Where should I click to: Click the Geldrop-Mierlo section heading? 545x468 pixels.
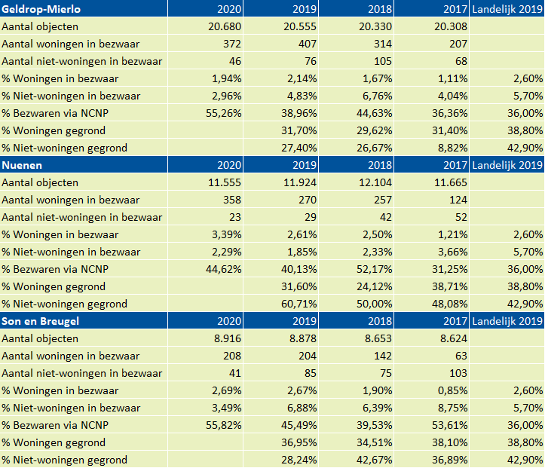click(41, 9)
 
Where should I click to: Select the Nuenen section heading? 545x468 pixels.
click(22, 165)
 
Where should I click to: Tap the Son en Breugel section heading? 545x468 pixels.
click(40, 321)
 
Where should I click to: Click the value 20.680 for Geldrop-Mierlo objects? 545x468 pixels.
click(225, 26)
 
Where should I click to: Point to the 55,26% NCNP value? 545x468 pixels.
click(223, 113)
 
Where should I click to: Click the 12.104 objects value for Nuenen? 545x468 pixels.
click(375, 182)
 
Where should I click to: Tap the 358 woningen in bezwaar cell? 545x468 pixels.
click(232, 200)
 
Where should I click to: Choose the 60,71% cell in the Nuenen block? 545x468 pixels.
click(299, 304)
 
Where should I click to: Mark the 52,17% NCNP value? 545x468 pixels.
click(375, 269)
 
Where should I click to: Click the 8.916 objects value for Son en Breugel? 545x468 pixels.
click(228, 338)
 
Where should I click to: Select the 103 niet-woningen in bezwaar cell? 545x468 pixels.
click(458, 373)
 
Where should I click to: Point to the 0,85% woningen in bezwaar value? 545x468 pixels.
click(452, 390)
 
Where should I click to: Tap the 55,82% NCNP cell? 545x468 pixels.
click(223, 425)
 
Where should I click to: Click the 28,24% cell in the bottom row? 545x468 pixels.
click(299, 460)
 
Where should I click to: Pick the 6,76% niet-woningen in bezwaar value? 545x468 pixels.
click(378, 96)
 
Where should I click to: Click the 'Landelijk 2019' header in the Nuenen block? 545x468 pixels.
click(507, 165)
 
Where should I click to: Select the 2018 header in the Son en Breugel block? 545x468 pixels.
click(380, 321)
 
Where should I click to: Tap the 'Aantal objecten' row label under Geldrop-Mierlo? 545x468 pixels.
click(40, 26)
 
